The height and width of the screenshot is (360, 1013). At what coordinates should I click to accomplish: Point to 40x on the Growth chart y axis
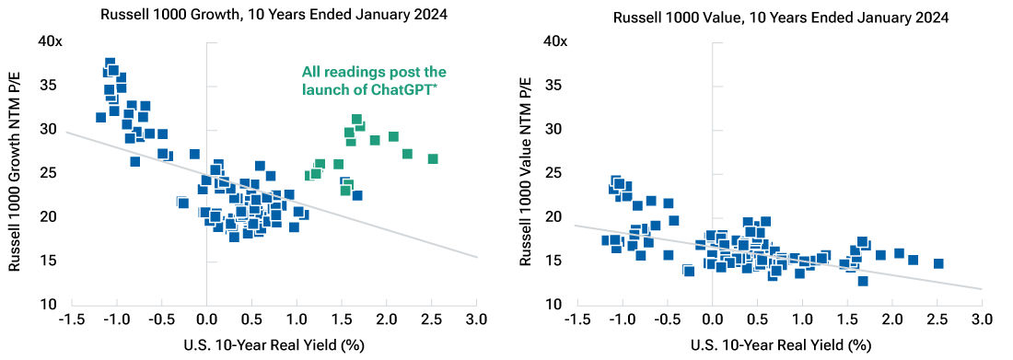click(48, 41)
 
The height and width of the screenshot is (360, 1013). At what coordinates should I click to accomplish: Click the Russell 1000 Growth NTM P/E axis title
click(16, 173)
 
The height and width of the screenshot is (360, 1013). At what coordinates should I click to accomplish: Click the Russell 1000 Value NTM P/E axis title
click(525, 173)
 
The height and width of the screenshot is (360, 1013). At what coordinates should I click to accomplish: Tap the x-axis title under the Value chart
click(778, 345)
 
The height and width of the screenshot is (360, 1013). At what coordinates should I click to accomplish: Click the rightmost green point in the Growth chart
click(433, 159)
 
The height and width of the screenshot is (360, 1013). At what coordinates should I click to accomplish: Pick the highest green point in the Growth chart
click(356, 120)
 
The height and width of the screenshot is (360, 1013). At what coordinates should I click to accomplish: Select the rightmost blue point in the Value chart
click(938, 263)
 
